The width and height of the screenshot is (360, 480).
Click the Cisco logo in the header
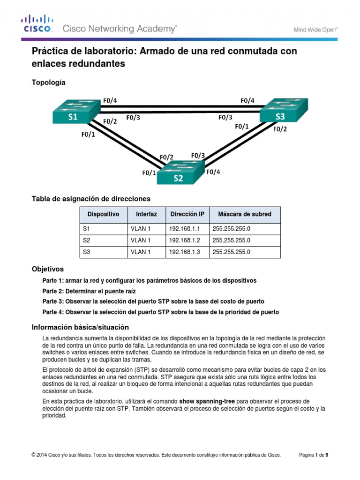(x=37, y=24)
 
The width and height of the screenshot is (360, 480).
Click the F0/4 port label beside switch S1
(x=110, y=100)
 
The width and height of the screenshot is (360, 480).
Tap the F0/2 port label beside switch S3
(x=280, y=129)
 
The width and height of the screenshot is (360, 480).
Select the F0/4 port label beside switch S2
(x=213, y=172)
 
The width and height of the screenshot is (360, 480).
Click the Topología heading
(x=48, y=82)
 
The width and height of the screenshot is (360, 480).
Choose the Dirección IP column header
(x=187, y=214)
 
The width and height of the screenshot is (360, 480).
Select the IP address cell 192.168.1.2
(x=184, y=240)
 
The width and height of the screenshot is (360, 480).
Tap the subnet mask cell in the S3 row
(x=231, y=252)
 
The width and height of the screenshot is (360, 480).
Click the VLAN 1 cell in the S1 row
(x=140, y=228)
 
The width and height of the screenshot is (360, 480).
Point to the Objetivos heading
(x=47, y=269)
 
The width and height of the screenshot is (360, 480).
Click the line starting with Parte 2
(x=89, y=291)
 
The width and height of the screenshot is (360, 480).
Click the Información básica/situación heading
(x=80, y=327)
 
